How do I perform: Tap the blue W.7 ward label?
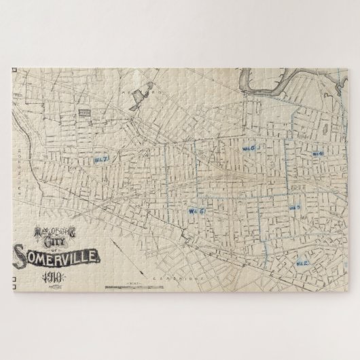[x=103, y=158]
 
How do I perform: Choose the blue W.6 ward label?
[x=249, y=147]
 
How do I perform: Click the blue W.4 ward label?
[x=317, y=154]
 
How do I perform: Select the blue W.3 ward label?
[x=294, y=208]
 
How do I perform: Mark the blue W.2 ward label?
[x=303, y=261]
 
